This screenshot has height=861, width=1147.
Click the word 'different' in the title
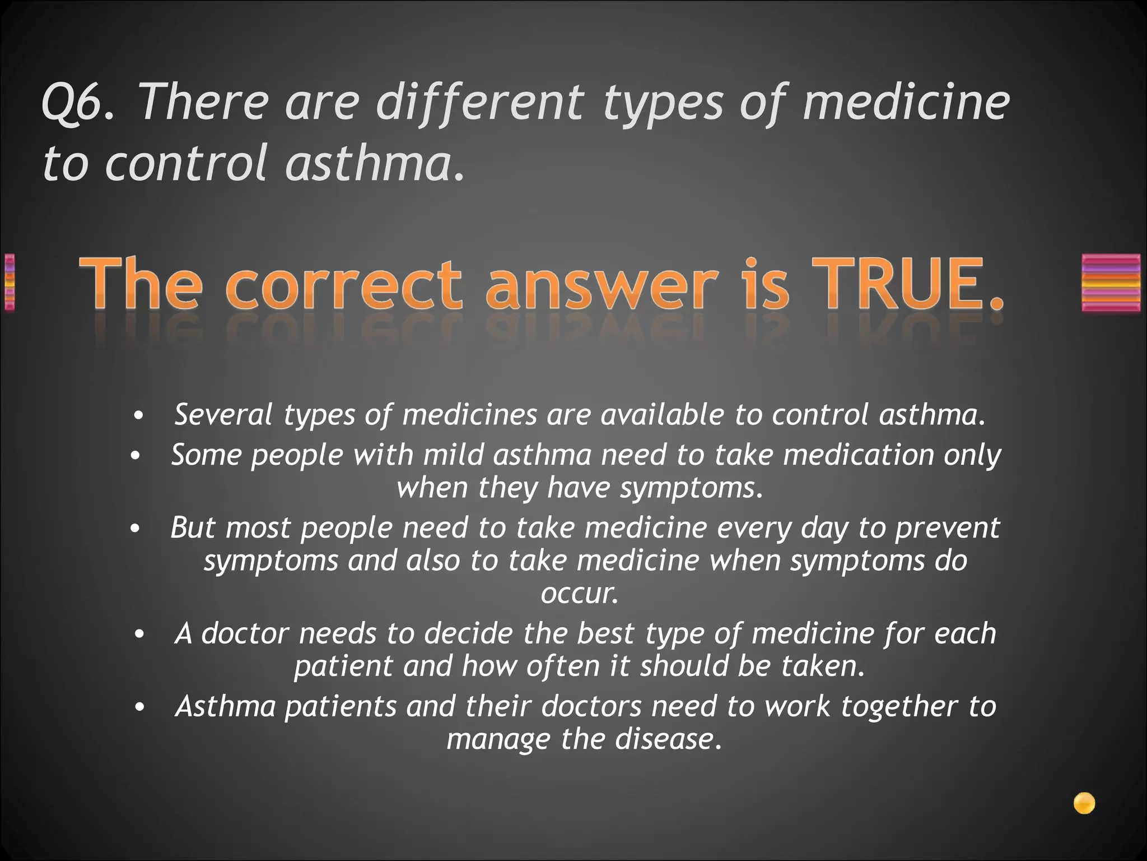point(479,103)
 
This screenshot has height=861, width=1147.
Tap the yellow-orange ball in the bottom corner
point(1084,803)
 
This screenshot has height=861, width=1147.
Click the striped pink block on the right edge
point(1111,283)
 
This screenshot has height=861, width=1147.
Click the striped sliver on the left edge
point(8,283)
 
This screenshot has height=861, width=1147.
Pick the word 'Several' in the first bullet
point(223,415)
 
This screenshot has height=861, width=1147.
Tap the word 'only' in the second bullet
point(972,455)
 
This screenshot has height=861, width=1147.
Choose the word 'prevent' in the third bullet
point(946,528)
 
